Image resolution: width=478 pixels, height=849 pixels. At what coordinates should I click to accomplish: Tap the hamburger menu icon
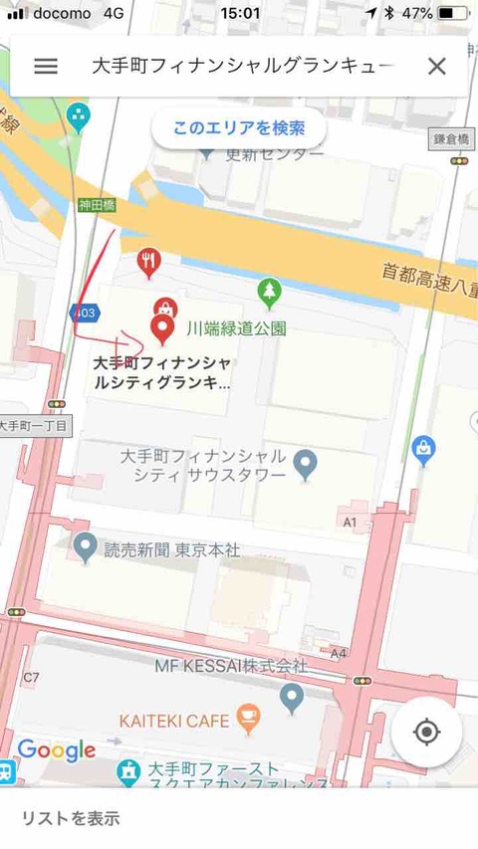click(x=46, y=67)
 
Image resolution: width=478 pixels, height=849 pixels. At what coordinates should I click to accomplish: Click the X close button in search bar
click(x=436, y=67)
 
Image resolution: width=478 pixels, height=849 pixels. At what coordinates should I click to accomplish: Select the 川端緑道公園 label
click(x=237, y=327)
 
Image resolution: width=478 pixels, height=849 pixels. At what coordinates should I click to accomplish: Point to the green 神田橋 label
click(x=97, y=206)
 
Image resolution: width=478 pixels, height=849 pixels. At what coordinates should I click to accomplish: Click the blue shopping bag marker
click(x=423, y=449)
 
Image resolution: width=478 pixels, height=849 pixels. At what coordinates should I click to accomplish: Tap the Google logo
click(x=57, y=749)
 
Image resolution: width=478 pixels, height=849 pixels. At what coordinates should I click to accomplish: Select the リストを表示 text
click(x=71, y=819)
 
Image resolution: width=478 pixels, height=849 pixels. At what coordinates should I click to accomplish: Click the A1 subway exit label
click(x=350, y=522)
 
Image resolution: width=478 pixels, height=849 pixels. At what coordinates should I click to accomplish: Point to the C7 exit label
click(x=31, y=678)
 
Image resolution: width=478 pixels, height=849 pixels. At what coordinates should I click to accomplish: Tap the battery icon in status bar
click(x=452, y=13)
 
